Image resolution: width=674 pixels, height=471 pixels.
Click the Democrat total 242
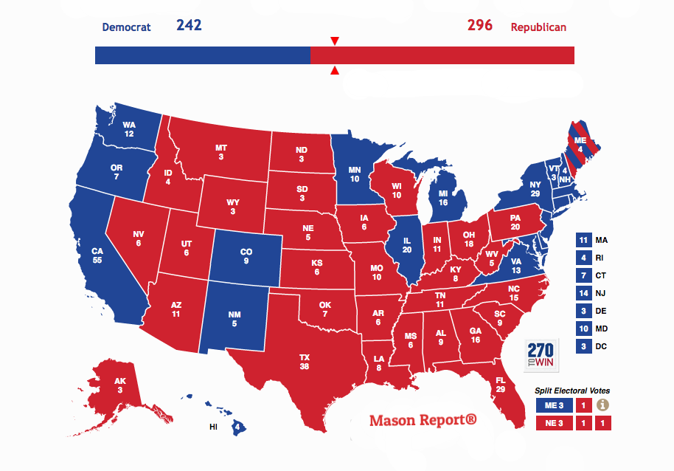pyautogui.click(x=189, y=26)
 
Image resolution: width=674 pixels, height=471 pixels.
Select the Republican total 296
pyautogui.click(x=480, y=26)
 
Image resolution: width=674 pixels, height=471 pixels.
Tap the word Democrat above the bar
pyautogui.click(x=126, y=27)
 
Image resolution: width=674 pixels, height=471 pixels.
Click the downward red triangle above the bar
pyautogui.click(x=335, y=41)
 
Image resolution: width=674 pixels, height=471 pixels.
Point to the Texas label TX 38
pyautogui.click(x=305, y=362)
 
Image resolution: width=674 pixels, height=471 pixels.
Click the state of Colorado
pyautogui.click(x=246, y=255)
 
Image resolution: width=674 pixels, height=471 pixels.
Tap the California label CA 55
pyautogui.click(x=97, y=256)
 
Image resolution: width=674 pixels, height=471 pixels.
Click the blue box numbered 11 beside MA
pyautogui.click(x=583, y=240)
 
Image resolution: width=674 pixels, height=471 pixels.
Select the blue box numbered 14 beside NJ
pyautogui.click(x=583, y=293)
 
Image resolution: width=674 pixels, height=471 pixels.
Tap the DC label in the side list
pyautogui.click(x=602, y=346)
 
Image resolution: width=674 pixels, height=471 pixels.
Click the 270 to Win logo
pyautogui.click(x=541, y=355)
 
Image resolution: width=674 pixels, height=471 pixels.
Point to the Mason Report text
pyautogui.click(x=423, y=421)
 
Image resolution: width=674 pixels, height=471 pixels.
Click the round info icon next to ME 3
pyautogui.click(x=602, y=405)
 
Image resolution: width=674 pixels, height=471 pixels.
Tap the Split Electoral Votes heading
pyautogui.click(x=572, y=391)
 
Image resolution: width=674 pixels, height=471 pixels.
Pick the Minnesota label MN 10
pyautogui.click(x=355, y=174)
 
